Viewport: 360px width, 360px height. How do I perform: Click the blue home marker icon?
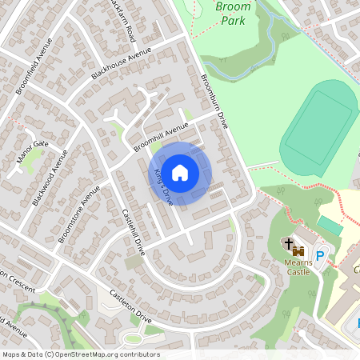tap(180, 173)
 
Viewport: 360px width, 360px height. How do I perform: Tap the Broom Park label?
tap(233, 14)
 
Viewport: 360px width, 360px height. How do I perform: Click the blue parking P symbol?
tap(320, 256)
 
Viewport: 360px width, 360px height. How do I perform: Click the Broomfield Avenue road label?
tap(34, 61)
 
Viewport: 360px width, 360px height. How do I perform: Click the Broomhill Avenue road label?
tap(161, 137)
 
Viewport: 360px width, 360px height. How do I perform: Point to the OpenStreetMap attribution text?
tap(81, 354)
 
